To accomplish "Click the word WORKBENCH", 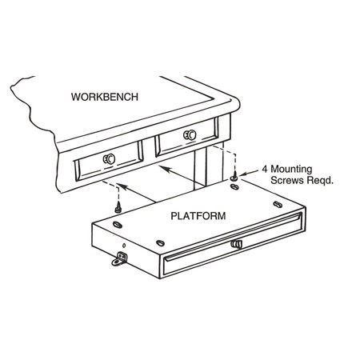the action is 105,97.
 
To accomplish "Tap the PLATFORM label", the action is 198,215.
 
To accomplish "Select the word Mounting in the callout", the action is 291,170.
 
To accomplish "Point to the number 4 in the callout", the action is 265,169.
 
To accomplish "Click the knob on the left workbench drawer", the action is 109,159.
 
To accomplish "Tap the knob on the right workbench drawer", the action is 190,134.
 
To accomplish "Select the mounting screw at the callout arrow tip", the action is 234,176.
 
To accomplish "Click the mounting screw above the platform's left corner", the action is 118,208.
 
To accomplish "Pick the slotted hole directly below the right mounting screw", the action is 234,186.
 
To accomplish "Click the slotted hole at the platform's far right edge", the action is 278,205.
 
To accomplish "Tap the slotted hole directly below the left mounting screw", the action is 118,224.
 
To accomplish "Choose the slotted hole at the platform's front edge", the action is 160,243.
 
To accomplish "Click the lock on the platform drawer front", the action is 236,244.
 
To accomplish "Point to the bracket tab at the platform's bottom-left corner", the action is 119,260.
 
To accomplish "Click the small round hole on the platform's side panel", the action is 124,245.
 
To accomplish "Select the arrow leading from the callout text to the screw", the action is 250,173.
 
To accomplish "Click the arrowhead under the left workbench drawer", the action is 121,186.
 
